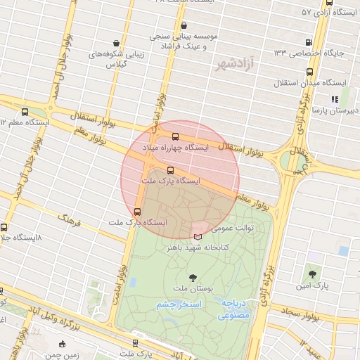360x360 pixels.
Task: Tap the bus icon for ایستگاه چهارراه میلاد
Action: [x=175, y=136]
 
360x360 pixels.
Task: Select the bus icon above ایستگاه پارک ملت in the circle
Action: [x=170, y=169]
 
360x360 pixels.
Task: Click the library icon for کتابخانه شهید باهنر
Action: [x=198, y=236]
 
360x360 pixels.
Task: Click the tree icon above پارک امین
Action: [x=312, y=273]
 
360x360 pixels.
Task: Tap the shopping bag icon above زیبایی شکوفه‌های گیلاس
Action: [x=115, y=43]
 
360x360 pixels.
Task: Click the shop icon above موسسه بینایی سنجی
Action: [x=164, y=25]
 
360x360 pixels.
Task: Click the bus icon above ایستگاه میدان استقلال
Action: [x=310, y=72]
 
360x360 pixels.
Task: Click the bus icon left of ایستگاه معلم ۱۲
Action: [x=25, y=112]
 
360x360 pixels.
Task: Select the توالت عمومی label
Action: [x=232, y=228]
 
